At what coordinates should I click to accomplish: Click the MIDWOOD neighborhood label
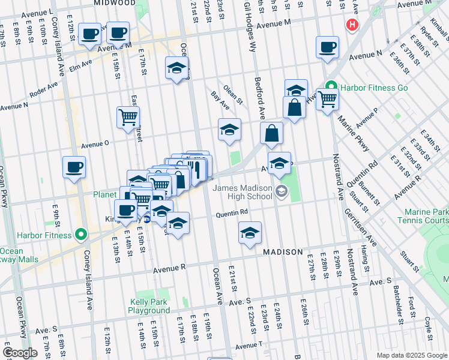coord(115,3)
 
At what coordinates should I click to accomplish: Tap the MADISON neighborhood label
coord(282,253)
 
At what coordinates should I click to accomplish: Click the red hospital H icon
coord(352,25)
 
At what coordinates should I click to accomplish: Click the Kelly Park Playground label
coord(149,307)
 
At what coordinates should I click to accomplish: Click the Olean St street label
coord(233,94)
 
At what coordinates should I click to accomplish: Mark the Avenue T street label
coord(249,346)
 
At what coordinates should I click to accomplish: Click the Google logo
coord(20,352)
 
